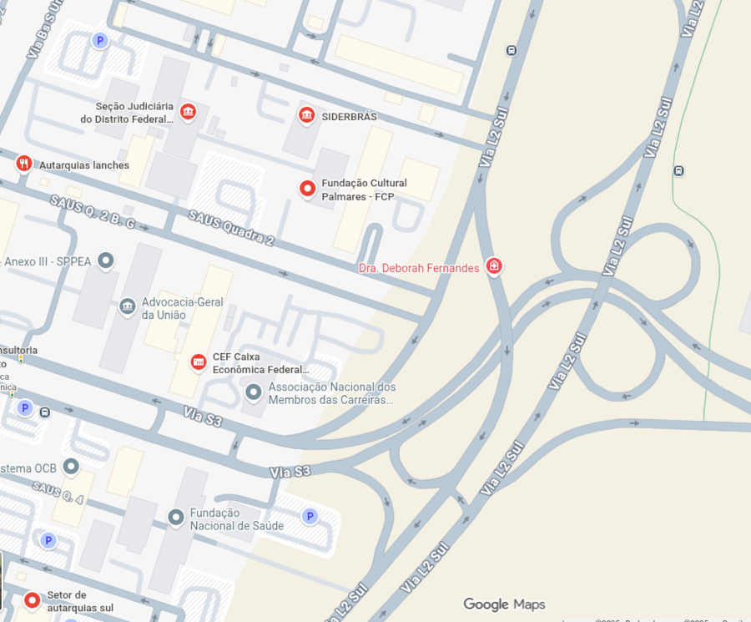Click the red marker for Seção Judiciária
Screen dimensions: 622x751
point(188,112)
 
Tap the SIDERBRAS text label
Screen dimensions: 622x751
point(349,116)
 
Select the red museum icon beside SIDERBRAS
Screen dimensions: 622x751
point(306,114)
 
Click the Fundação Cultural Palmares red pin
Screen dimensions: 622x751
point(307,189)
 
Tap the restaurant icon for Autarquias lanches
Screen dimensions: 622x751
point(23,164)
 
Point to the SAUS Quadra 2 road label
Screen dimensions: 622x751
point(231,228)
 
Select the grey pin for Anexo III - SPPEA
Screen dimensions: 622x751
point(105,261)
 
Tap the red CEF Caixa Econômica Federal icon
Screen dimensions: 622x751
point(199,362)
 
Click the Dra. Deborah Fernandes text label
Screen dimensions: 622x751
point(419,268)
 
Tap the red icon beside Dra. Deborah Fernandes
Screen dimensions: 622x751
point(494,266)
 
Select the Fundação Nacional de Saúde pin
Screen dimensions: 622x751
point(176,518)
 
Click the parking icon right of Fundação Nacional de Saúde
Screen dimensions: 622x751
point(310,517)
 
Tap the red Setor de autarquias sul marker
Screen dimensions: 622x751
point(33,599)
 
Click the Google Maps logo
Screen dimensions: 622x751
point(504,604)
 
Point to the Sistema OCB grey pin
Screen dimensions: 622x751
point(71,466)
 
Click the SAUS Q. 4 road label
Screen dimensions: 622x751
point(58,493)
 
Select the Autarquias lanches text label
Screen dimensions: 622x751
point(84,165)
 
